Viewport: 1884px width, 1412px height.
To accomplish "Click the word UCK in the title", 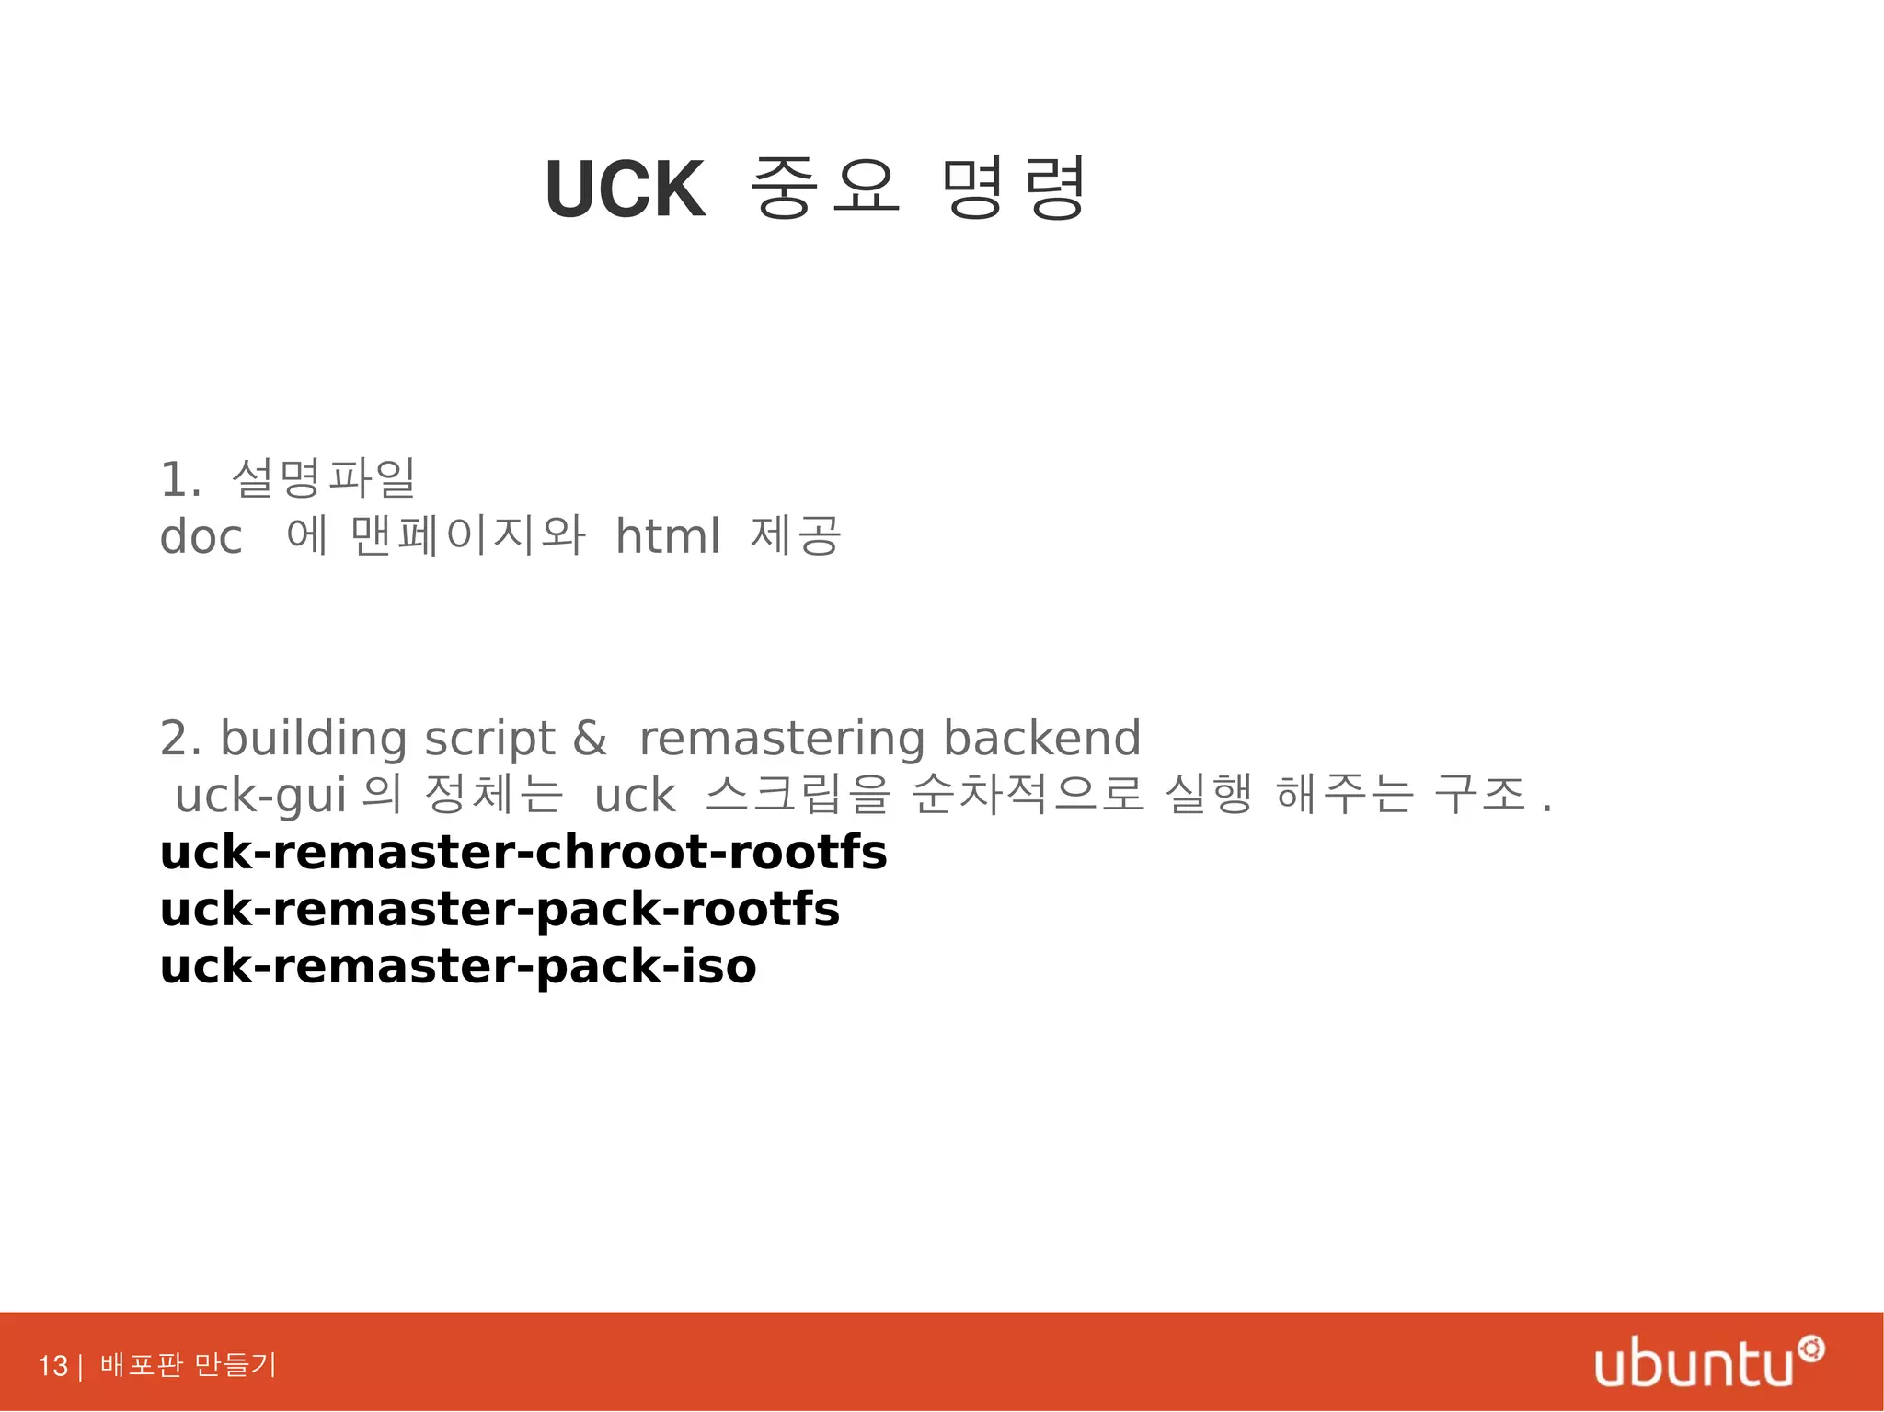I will [x=625, y=189].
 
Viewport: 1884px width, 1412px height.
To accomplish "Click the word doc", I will [x=201, y=536].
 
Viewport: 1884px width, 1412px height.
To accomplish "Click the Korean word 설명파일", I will [x=324, y=478].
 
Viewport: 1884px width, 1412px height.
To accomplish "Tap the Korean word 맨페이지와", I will [x=467, y=535].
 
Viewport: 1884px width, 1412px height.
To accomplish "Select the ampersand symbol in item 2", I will [x=590, y=738].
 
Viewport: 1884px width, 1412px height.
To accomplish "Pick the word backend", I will [x=1041, y=738].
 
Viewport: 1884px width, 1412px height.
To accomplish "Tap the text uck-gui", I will [x=260, y=795].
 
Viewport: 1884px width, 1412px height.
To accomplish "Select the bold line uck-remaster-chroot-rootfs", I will [x=523, y=852].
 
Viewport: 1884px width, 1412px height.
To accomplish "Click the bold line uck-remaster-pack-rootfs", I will [x=500, y=909].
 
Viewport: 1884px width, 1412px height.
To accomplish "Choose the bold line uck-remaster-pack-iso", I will [x=458, y=966].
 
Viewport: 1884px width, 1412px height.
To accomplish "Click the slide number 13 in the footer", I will [x=53, y=1365].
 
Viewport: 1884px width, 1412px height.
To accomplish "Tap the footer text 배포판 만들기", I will [x=188, y=1364].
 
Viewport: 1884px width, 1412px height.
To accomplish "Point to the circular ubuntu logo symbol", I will [x=1811, y=1349].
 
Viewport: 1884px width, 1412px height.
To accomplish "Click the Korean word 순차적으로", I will [x=1028, y=794].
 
